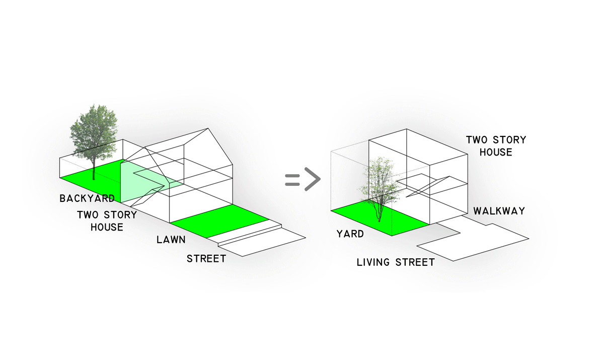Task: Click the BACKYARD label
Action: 87,198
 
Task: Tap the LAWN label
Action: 171,239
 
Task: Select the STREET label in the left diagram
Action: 206,259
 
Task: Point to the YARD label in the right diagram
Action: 350,234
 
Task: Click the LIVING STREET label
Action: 396,262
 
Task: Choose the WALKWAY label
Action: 499,211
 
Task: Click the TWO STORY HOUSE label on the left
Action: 107,221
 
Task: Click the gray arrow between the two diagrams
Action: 303,180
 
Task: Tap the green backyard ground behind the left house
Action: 91,174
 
